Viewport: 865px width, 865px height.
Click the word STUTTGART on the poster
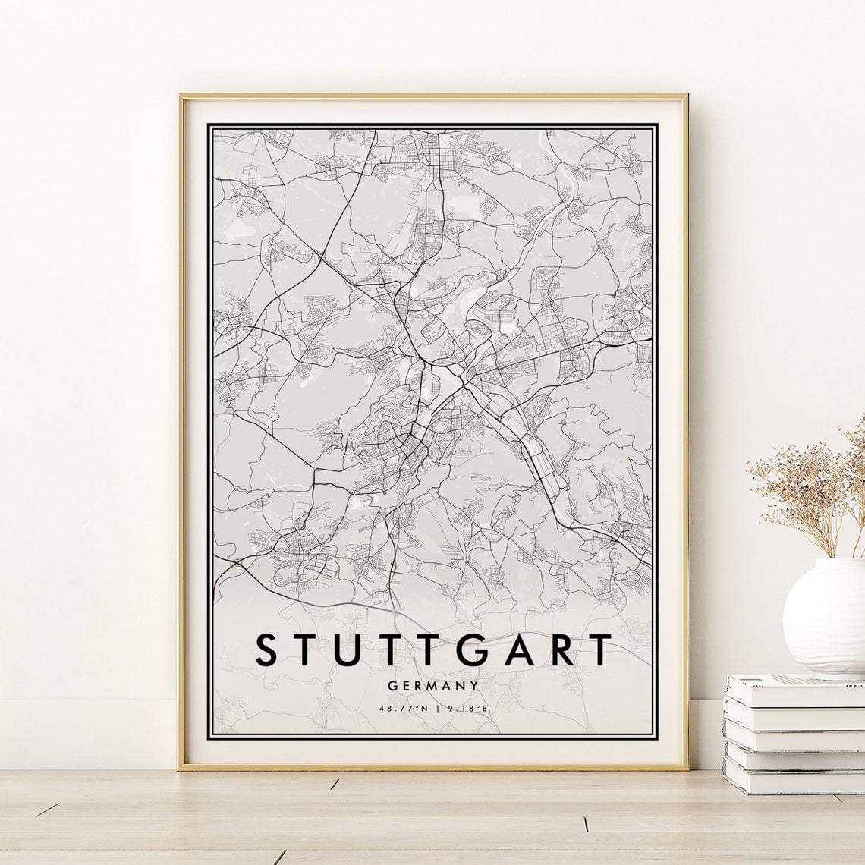tap(433, 650)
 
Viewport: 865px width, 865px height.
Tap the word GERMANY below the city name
tap(433, 685)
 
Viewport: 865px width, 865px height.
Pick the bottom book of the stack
tap(793, 774)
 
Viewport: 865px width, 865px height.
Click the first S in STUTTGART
tap(267, 650)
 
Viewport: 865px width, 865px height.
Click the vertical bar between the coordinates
tap(436, 709)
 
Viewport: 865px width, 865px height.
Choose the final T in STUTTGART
tap(600, 650)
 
